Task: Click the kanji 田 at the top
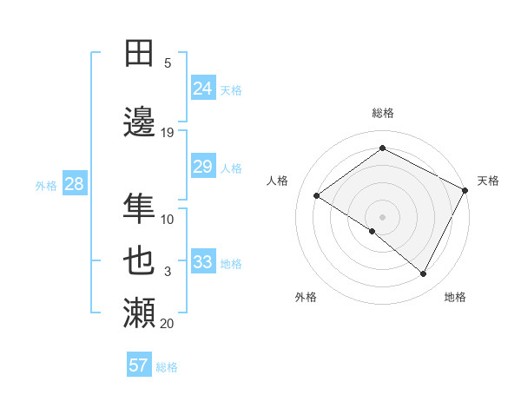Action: [x=140, y=54]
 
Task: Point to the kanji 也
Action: [x=140, y=260]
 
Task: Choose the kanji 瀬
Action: [x=140, y=313]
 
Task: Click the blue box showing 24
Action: [x=203, y=88]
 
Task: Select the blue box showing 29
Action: [x=203, y=167]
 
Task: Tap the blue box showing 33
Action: [x=203, y=262]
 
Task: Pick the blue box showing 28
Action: [x=74, y=184]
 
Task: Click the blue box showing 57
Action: [x=139, y=365]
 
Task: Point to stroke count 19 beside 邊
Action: [x=168, y=133]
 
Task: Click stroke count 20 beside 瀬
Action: [x=168, y=324]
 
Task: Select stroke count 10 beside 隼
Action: [x=168, y=220]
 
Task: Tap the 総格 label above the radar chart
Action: [x=382, y=113]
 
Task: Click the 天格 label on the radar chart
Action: [x=488, y=181]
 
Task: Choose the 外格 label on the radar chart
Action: [x=306, y=297]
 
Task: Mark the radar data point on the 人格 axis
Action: [x=317, y=195]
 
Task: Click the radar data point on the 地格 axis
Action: [x=424, y=274]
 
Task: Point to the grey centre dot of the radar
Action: [x=382, y=216]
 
